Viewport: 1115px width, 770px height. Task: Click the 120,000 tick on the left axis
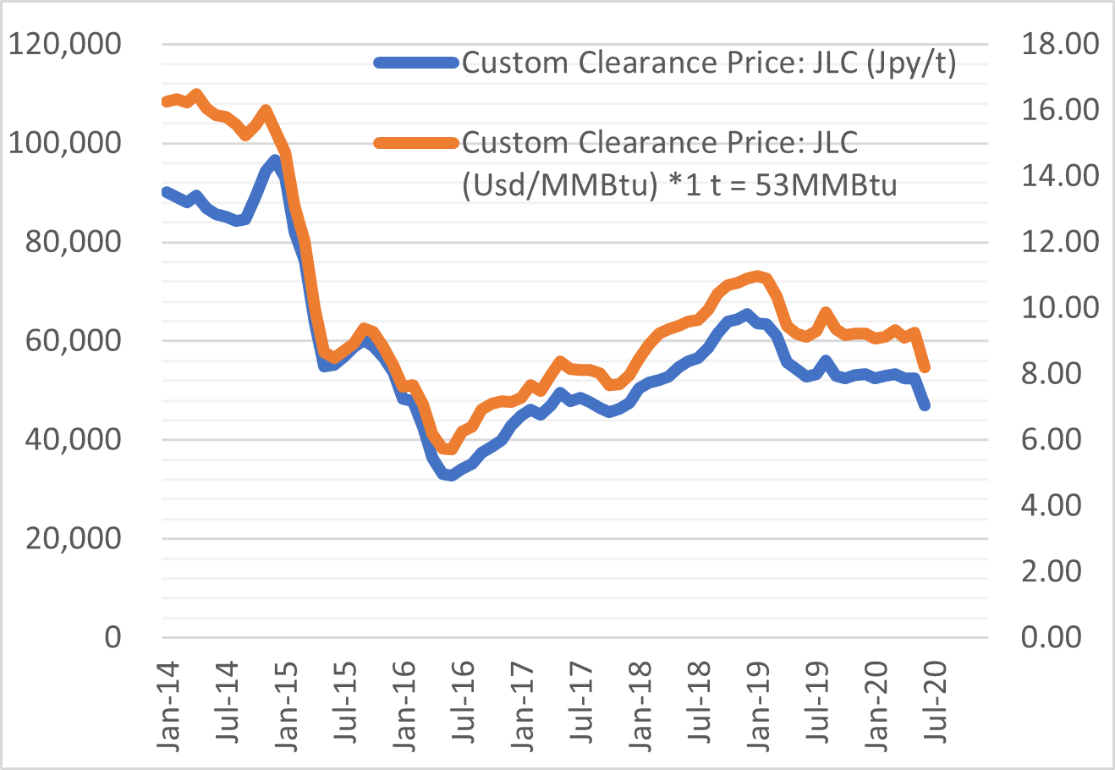64,44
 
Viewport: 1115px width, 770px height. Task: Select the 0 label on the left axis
113,637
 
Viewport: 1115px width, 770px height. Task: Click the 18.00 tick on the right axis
1060,44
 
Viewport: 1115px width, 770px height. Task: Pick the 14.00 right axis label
1060,176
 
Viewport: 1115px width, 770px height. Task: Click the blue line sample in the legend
417,62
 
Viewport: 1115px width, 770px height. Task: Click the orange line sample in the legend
417,142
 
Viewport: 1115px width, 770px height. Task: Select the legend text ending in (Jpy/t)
709,63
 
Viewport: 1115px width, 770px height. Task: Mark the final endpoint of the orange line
926,368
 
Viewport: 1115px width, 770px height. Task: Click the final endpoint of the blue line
926,406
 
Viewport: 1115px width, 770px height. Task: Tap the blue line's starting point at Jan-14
166,192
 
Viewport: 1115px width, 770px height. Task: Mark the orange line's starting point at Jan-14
166,102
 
